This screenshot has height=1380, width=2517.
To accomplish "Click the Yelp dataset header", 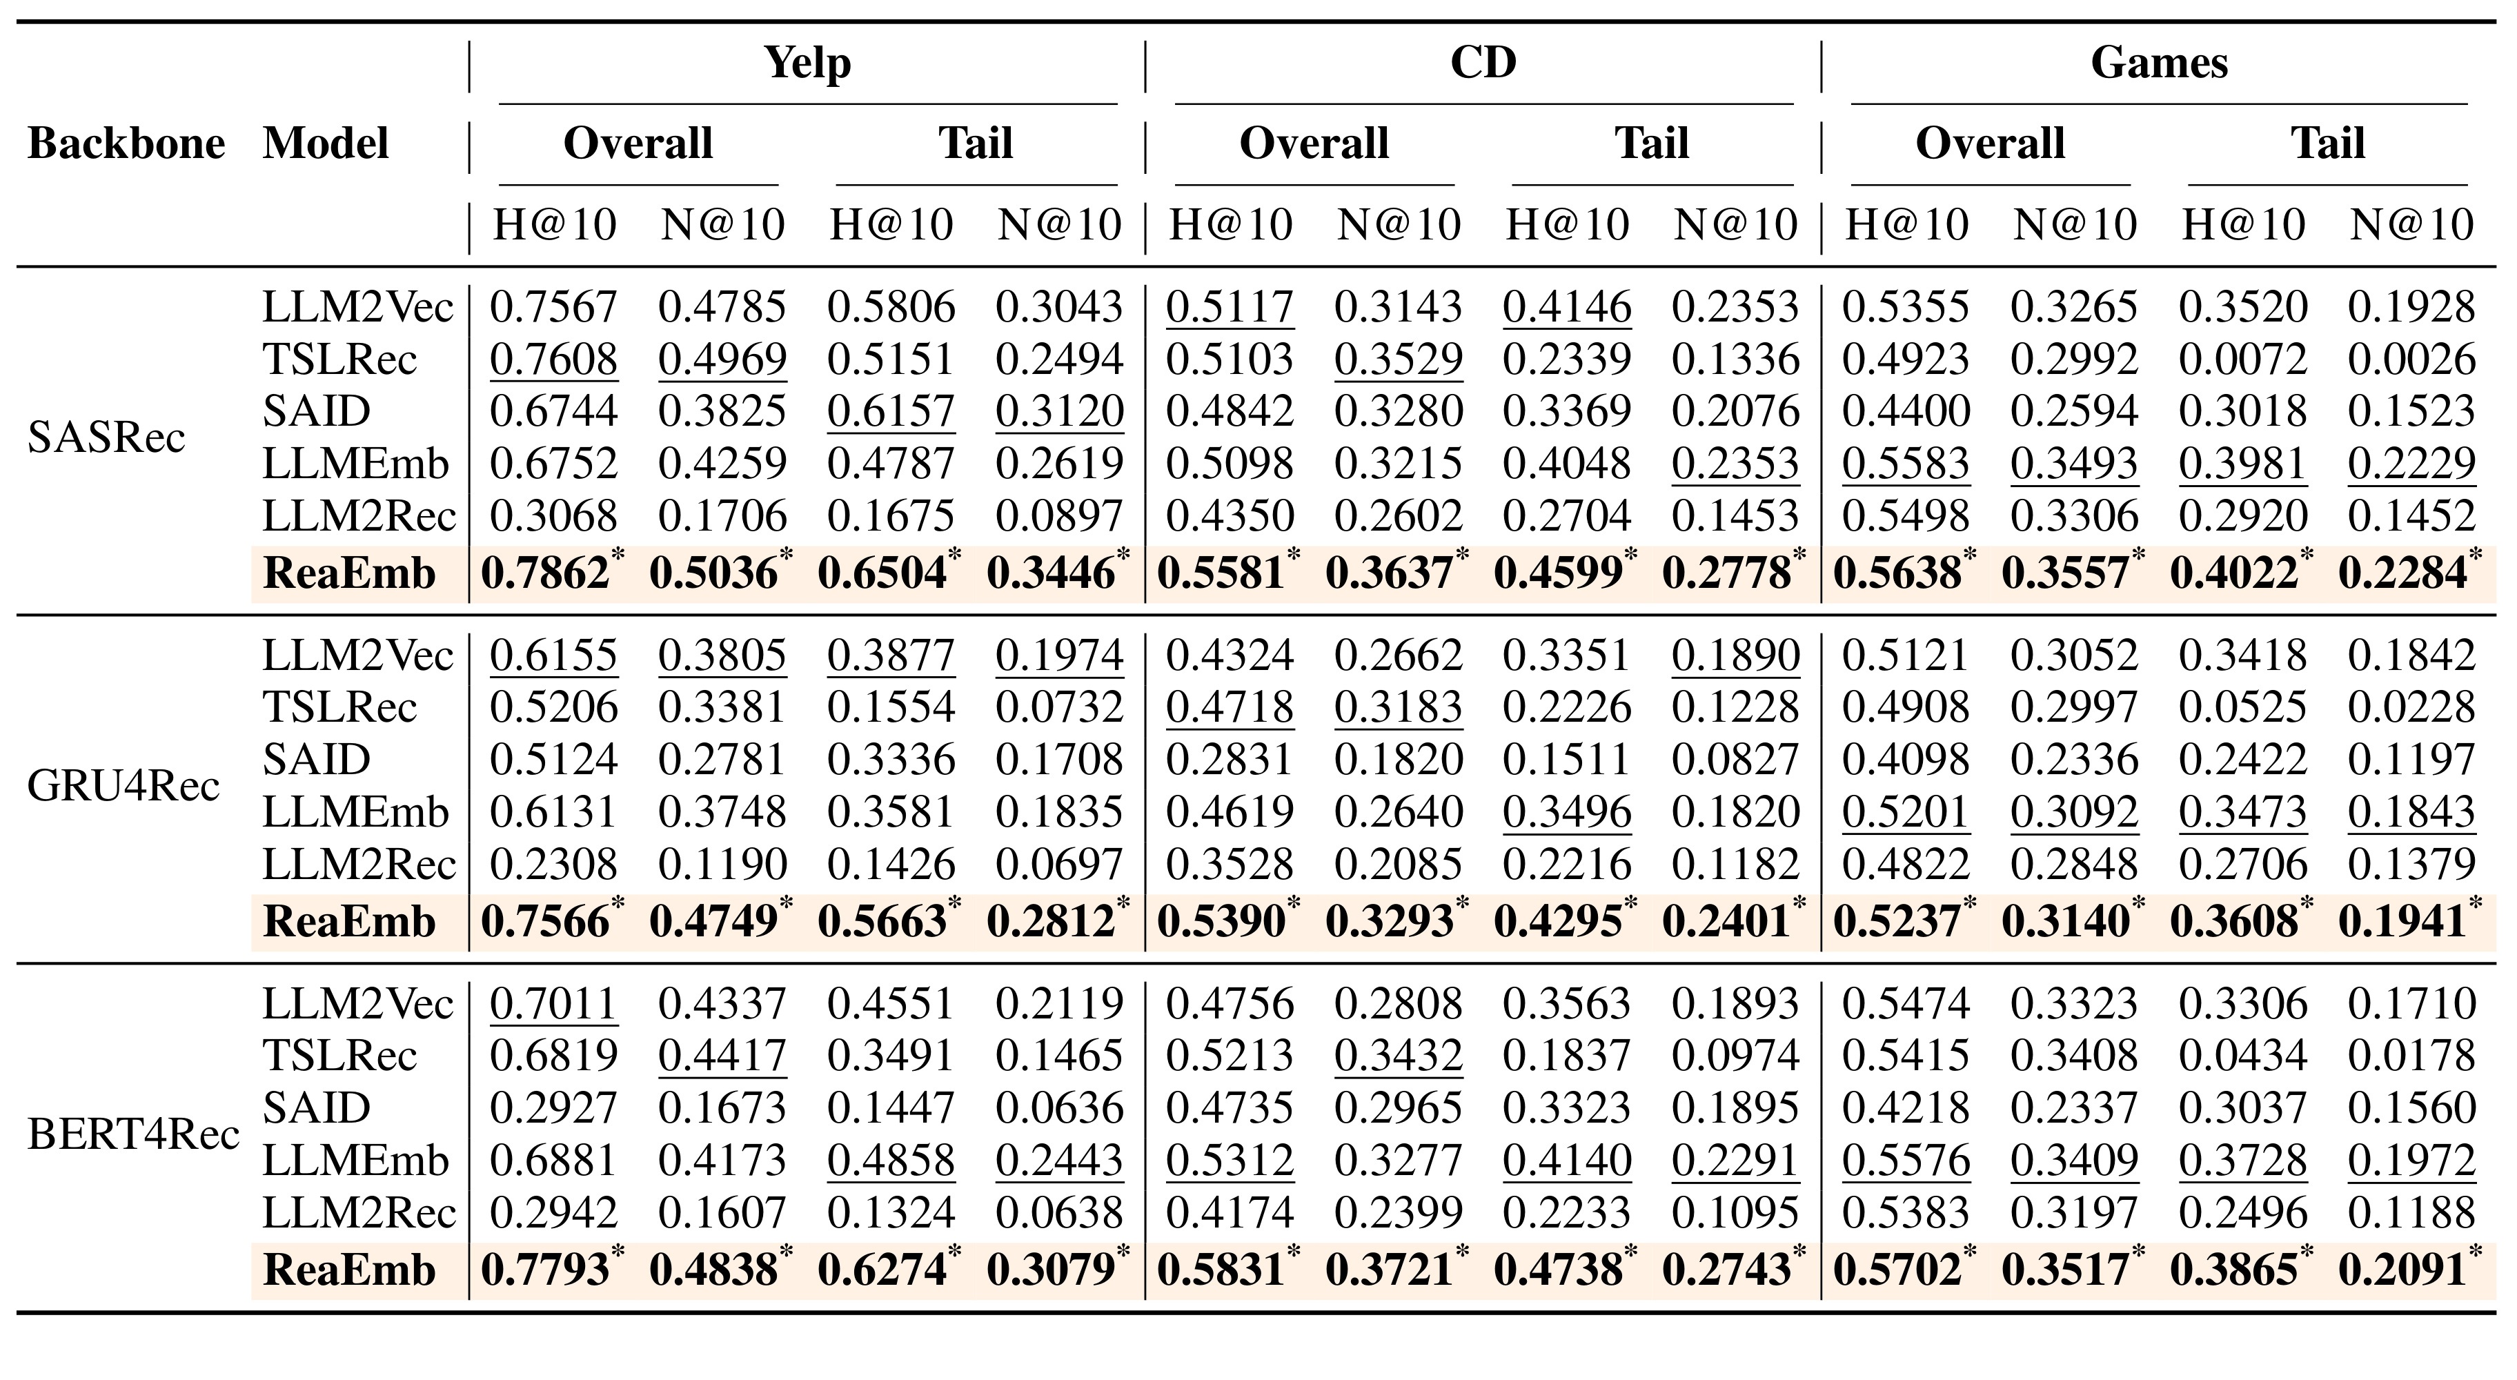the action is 807,63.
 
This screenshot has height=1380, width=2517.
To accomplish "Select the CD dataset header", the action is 1483,63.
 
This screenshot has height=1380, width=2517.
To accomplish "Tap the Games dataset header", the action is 2160,63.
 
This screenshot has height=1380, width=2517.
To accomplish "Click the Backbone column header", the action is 126,144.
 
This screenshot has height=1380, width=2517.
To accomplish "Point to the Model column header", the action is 326,144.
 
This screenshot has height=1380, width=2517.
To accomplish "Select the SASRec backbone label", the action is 106,437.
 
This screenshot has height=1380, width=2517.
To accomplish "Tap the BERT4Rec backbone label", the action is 133,1134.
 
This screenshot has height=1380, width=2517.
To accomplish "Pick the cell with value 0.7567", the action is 553,307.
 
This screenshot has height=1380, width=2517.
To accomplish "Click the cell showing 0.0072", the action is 2242,359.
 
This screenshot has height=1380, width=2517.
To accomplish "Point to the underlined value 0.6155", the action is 553,655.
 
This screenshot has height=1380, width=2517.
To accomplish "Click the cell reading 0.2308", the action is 553,864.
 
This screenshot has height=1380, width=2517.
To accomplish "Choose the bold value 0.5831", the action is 1221,1270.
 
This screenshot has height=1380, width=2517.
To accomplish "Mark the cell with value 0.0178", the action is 2411,1056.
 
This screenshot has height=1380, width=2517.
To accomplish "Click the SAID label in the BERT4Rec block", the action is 317,1108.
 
